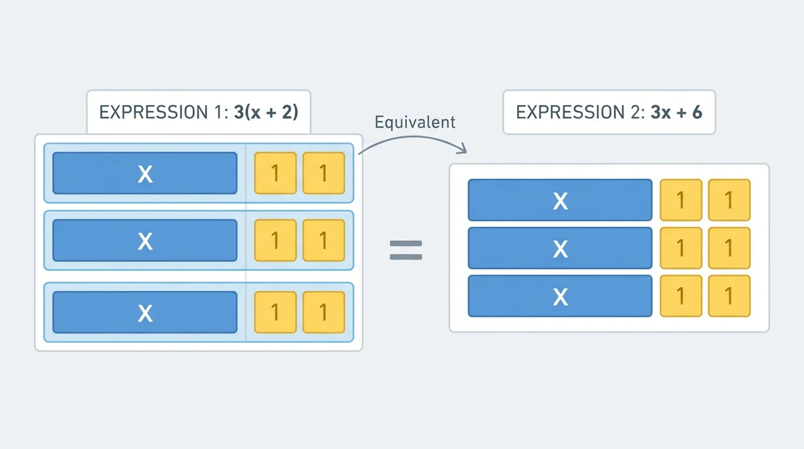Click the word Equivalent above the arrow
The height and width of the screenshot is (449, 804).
(x=415, y=122)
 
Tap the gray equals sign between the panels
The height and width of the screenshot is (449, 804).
(x=406, y=250)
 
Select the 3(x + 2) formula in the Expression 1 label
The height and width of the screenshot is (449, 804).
(x=266, y=112)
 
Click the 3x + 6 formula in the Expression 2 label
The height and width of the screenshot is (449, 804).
(x=676, y=112)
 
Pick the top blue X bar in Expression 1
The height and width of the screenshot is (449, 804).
(x=145, y=173)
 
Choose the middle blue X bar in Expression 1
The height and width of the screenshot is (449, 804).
(x=145, y=240)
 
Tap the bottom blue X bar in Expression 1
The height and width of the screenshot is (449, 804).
(x=145, y=312)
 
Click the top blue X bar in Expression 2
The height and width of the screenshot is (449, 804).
(x=560, y=201)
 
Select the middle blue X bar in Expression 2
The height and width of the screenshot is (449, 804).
(x=560, y=248)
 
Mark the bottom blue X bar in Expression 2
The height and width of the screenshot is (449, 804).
(x=560, y=296)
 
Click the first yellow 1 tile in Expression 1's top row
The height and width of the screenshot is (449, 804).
(x=275, y=173)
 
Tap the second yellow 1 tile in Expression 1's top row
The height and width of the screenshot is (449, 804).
(x=324, y=173)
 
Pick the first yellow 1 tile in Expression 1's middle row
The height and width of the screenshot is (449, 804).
(x=275, y=240)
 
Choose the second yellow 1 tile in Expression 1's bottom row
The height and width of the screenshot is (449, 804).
(x=324, y=312)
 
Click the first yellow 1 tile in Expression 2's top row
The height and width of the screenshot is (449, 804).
(x=681, y=201)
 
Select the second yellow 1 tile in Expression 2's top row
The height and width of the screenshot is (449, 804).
(x=729, y=201)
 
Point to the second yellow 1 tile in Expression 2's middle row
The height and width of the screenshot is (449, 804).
(x=729, y=248)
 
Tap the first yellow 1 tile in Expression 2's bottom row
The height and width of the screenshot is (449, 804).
(x=681, y=296)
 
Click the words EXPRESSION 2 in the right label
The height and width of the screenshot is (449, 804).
(x=578, y=112)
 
